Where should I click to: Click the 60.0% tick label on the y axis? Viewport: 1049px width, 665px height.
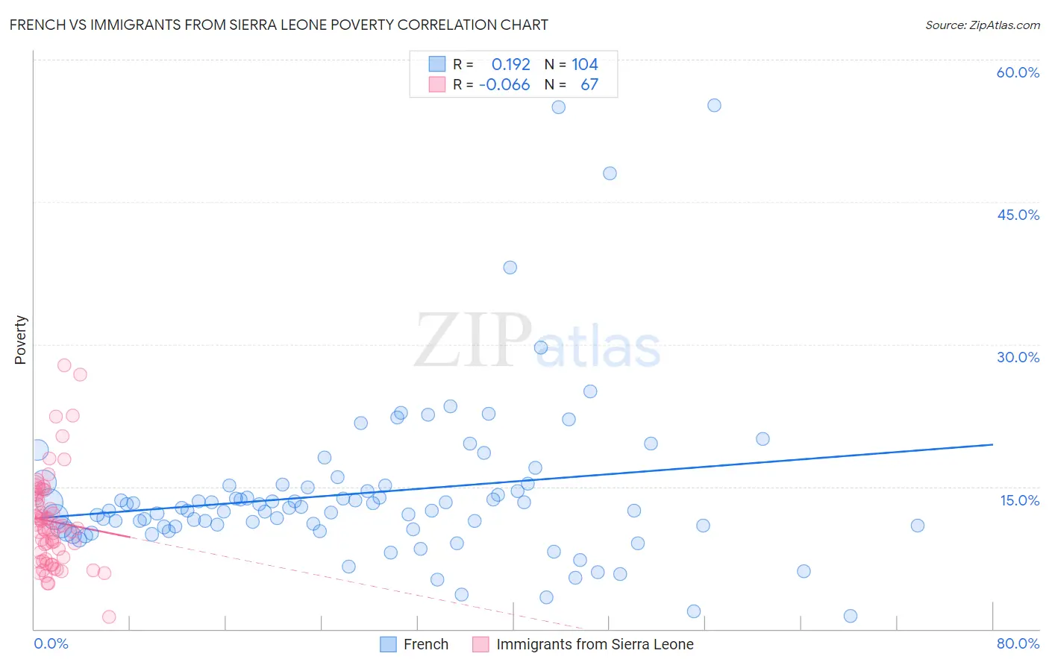(1018, 72)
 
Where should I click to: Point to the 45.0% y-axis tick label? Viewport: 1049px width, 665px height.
(1018, 215)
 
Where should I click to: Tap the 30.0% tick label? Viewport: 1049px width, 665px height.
(1018, 357)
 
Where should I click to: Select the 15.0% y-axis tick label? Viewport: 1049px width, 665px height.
(1019, 500)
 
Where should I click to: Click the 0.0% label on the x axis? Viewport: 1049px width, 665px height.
(51, 643)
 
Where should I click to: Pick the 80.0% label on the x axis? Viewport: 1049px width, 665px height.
(1018, 643)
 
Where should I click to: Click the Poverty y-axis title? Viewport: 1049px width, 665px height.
(20, 340)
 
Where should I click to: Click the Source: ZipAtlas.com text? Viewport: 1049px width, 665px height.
(982, 25)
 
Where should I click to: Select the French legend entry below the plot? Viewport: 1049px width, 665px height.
(425, 644)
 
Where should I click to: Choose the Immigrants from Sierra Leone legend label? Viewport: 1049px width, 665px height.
(595, 644)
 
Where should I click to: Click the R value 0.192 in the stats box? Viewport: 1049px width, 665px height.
(510, 64)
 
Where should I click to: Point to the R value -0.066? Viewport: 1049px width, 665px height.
(504, 84)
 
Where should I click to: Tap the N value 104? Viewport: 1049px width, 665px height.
(585, 64)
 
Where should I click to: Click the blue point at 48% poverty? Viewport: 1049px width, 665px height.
(610, 173)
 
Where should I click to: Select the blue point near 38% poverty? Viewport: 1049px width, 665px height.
(510, 267)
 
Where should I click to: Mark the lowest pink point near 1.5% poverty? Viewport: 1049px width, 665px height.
(109, 617)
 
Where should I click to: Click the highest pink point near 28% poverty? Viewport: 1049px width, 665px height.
(64, 365)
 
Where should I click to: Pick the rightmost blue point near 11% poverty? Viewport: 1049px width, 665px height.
(917, 526)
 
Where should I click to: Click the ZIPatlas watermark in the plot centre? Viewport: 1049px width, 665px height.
(537, 341)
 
